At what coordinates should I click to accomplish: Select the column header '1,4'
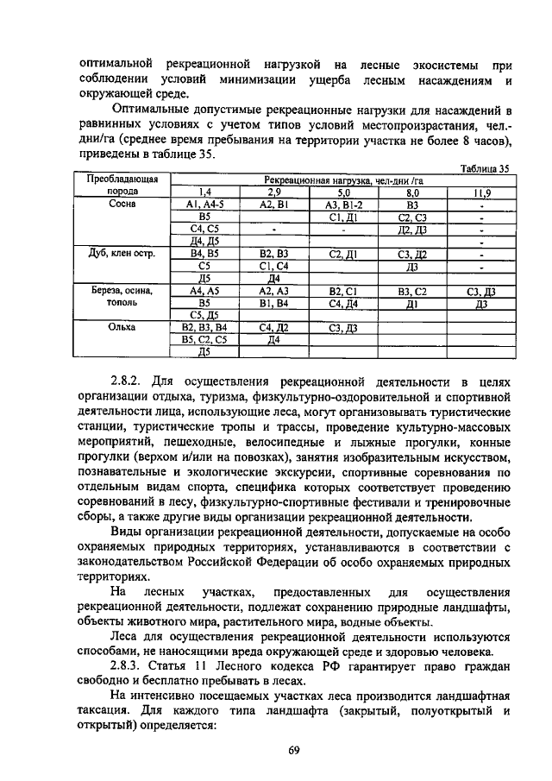(x=204, y=192)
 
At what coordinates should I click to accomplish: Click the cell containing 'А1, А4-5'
(x=204, y=205)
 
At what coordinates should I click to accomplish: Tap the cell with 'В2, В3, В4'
(x=204, y=328)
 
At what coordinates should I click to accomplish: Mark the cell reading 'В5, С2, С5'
(x=204, y=340)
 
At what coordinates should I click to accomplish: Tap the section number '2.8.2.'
(x=129, y=381)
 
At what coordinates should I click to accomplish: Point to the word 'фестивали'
(x=336, y=501)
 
